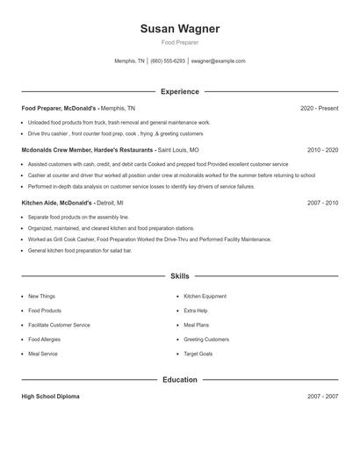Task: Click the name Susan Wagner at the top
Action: pyautogui.click(x=179, y=29)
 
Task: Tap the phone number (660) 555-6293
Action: pyautogui.click(x=168, y=61)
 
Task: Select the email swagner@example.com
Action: pyautogui.click(x=218, y=61)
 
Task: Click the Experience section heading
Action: pyautogui.click(x=179, y=91)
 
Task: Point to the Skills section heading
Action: pyautogui.click(x=179, y=275)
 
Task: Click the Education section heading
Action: pyautogui.click(x=179, y=380)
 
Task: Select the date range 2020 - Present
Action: pyautogui.click(x=319, y=108)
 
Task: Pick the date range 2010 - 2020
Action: pyautogui.click(x=322, y=150)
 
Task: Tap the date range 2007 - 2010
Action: pyautogui.click(x=322, y=203)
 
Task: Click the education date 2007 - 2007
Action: pyautogui.click(x=322, y=397)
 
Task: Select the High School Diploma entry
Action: pyautogui.click(x=50, y=397)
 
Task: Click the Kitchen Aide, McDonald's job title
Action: pyautogui.click(x=57, y=203)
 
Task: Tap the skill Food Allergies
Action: pyautogui.click(x=45, y=340)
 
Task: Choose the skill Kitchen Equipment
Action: pyautogui.click(x=205, y=297)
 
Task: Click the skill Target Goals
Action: pyautogui.click(x=198, y=354)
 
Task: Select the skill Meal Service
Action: pyautogui.click(x=43, y=354)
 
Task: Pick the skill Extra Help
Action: pyautogui.click(x=196, y=311)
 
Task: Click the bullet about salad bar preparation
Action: pyautogui.click(x=80, y=251)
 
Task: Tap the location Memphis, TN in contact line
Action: pyautogui.click(x=130, y=61)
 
